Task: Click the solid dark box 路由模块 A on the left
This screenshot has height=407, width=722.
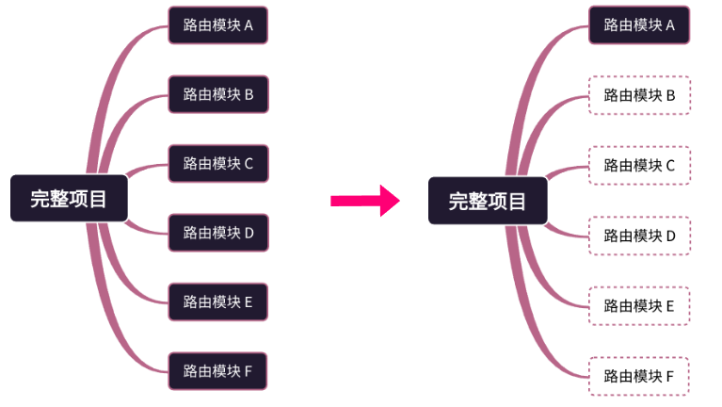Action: pyautogui.click(x=218, y=25)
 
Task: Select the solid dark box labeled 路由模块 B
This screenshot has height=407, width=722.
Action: pyautogui.click(x=218, y=94)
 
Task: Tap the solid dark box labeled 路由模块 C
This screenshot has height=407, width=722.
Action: pyautogui.click(x=218, y=163)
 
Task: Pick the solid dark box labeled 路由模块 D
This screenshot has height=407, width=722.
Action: pyautogui.click(x=218, y=233)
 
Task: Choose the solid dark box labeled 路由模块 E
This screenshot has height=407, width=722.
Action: pyautogui.click(x=218, y=302)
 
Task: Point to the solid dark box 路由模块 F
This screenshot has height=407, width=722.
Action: pyautogui.click(x=218, y=370)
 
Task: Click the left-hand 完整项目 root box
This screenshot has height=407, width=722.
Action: pyautogui.click(x=68, y=199)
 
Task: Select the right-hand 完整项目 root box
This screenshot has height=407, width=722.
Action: pyautogui.click(x=487, y=201)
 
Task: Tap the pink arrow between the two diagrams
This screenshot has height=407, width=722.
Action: pyautogui.click(x=365, y=200)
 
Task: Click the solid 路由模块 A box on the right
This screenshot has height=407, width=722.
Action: pyautogui.click(x=639, y=25)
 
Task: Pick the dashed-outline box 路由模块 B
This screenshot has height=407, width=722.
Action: pyautogui.click(x=639, y=95)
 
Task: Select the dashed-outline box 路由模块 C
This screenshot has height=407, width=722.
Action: pyautogui.click(x=639, y=165)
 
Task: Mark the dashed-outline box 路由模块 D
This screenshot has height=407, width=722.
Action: pyautogui.click(x=639, y=236)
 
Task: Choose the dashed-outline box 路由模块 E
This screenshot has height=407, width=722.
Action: pyautogui.click(x=639, y=305)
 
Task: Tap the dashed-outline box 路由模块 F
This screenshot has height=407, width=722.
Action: pyautogui.click(x=639, y=376)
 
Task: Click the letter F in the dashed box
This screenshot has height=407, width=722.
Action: pyautogui.click(x=670, y=376)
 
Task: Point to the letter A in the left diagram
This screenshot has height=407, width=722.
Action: pyautogui.click(x=249, y=25)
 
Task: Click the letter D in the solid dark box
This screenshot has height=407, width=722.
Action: pyautogui.click(x=249, y=233)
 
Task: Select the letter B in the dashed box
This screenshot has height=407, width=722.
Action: pyautogui.click(x=670, y=95)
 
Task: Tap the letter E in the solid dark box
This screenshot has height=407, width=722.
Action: pyautogui.click(x=249, y=302)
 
